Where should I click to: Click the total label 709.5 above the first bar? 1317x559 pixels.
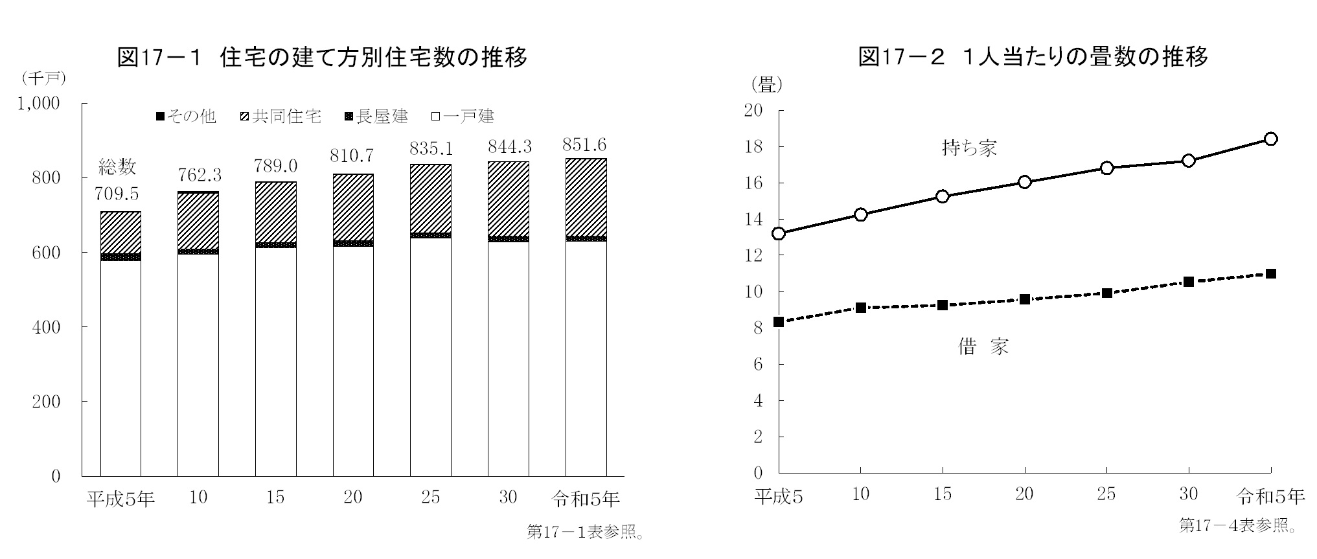click(x=117, y=194)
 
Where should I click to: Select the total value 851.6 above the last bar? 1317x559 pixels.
click(x=585, y=144)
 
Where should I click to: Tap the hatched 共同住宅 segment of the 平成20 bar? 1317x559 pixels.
click(x=353, y=207)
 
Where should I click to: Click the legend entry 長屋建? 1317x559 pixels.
click(x=377, y=117)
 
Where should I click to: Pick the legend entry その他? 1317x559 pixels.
click(x=186, y=117)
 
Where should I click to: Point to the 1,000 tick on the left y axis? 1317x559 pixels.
click(x=38, y=104)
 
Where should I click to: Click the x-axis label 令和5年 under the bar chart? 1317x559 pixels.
click(x=586, y=498)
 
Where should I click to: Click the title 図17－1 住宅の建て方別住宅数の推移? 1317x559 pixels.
click(x=322, y=58)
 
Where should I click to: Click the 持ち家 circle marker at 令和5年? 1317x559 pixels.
click(x=1270, y=139)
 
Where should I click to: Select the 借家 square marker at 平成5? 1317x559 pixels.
click(x=779, y=322)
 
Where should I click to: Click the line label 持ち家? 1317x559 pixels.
click(x=968, y=148)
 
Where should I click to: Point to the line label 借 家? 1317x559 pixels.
click(x=983, y=347)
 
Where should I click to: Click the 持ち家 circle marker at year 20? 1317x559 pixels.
click(x=1024, y=182)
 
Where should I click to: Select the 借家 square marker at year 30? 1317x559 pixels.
click(x=1188, y=282)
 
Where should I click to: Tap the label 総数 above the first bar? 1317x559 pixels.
click(x=117, y=167)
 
